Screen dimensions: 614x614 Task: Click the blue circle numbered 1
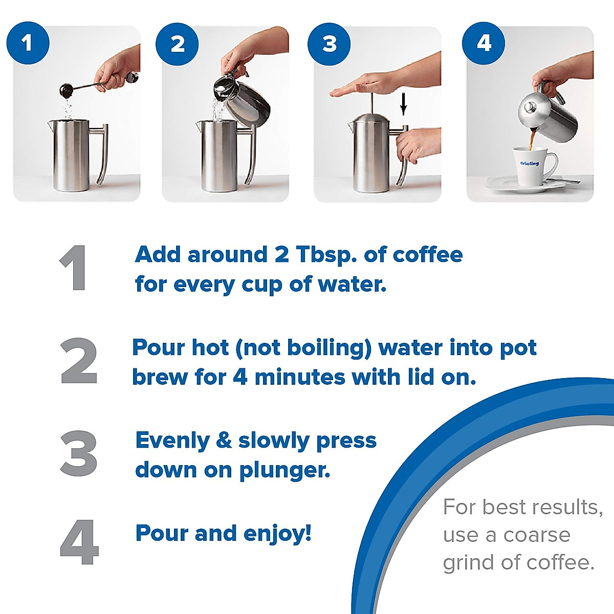[28, 42]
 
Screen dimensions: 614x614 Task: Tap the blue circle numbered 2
[178, 43]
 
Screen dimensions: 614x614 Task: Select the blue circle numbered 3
[330, 43]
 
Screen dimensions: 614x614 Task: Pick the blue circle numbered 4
[483, 42]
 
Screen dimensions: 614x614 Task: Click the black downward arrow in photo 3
[404, 105]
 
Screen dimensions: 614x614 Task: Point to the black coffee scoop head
[67, 91]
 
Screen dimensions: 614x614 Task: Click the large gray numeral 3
[79, 453]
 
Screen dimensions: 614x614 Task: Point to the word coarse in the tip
[536, 535]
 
